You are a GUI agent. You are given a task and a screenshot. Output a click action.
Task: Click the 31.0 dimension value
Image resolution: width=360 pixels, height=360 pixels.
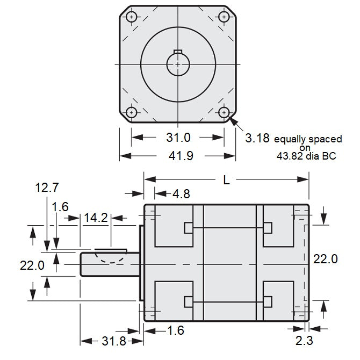[178, 138]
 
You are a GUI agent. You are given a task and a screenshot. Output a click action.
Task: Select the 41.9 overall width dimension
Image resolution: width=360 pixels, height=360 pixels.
[178, 156]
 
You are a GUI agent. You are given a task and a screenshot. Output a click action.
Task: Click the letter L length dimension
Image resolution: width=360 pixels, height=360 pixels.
[226, 181]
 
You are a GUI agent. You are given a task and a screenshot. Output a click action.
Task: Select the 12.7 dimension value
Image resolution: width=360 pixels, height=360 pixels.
[47, 188]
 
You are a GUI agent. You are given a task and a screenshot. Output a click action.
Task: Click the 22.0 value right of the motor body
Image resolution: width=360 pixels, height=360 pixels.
[325, 259]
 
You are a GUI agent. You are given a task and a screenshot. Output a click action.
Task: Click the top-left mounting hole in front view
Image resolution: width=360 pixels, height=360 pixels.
[131, 16]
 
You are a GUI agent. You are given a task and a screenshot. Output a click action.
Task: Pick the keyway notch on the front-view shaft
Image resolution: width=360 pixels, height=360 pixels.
[178, 54]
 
